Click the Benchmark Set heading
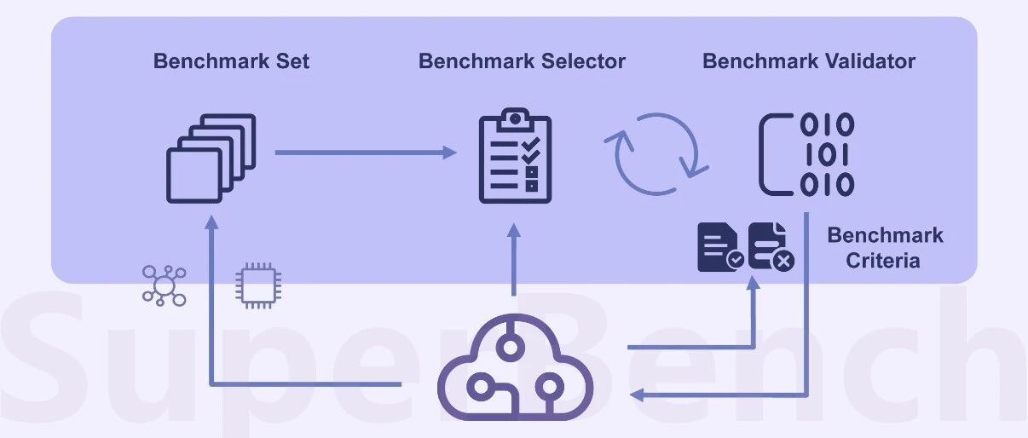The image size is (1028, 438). [231, 61]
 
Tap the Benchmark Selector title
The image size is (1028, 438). [522, 61]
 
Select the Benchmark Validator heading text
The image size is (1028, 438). [809, 61]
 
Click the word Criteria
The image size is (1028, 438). [883, 261]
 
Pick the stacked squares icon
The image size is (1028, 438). [211, 158]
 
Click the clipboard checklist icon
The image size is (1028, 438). [515, 155]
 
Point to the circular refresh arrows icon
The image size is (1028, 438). [656, 153]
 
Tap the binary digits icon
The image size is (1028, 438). [806, 154]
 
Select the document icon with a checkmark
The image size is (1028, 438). [721, 248]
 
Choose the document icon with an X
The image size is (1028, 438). [771, 247]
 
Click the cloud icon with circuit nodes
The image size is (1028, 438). [515, 367]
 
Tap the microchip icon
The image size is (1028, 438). [258, 285]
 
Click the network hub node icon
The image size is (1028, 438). [165, 285]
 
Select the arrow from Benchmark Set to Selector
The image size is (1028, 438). [366, 153]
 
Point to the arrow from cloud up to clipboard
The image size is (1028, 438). [514, 260]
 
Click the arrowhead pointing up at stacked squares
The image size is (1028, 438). [211, 222]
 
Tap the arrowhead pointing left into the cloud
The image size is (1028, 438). [637, 395]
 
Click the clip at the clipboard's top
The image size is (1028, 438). [515, 119]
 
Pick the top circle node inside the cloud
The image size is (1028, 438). [511, 347]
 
